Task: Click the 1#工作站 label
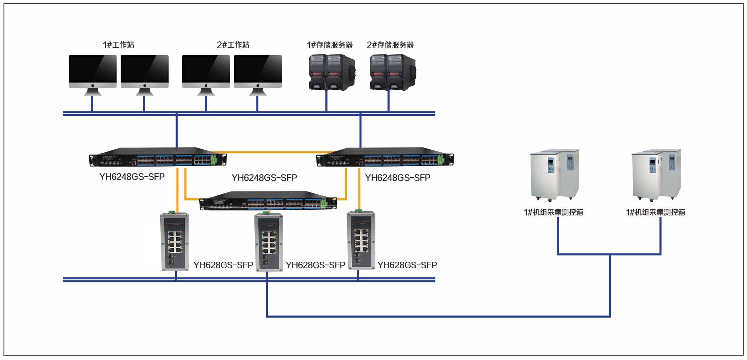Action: click(118, 45)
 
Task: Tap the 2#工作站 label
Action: click(233, 45)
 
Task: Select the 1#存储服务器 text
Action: click(330, 45)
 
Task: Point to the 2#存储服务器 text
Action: click(390, 45)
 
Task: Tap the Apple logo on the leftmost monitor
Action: click(92, 85)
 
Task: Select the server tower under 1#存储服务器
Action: click(332, 72)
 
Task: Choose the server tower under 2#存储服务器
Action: click(393, 72)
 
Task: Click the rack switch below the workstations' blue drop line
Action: click(158, 157)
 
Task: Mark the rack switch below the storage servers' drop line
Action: click(385, 157)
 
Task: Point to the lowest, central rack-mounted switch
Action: click(268, 201)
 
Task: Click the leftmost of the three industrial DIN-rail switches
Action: click(174, 241)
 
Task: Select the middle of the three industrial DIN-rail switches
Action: click(269, 242)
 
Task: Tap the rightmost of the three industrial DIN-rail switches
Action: click(361, 240)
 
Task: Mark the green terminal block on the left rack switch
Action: click(214, 159)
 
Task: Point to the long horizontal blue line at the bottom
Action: click(438, 316)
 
